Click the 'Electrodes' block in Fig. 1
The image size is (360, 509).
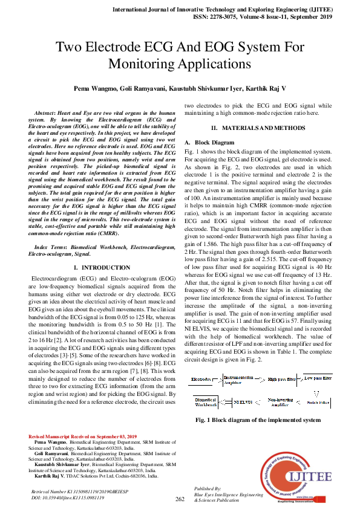click(201, 362)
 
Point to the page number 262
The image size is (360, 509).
click(180, 499)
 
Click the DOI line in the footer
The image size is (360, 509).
click(68, 498)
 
